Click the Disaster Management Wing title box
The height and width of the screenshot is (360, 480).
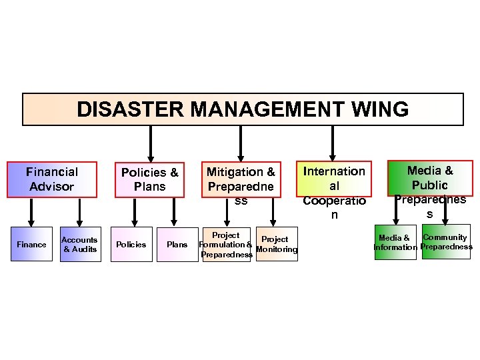click(243, 109)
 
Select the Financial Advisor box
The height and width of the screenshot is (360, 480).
click(52, 179)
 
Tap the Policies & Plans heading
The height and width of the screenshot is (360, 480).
click(149, 180)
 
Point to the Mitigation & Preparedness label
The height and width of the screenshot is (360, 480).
click(241, 180)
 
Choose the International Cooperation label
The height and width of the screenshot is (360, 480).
click(334, 192)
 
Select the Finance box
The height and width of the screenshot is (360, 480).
click(31, 245)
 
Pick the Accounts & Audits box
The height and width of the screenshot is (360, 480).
click(80, 245)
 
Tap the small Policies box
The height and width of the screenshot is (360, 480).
click(131, 245)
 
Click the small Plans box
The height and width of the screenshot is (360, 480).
click(177, 245)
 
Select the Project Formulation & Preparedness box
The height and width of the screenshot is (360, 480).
click(225, 245)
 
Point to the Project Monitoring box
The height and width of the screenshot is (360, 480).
click(276, 245)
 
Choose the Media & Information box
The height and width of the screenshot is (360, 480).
click(395, 243)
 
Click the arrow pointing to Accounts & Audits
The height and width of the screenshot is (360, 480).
click(79, 212)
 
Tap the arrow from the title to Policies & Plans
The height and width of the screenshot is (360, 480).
click(151, 141)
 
